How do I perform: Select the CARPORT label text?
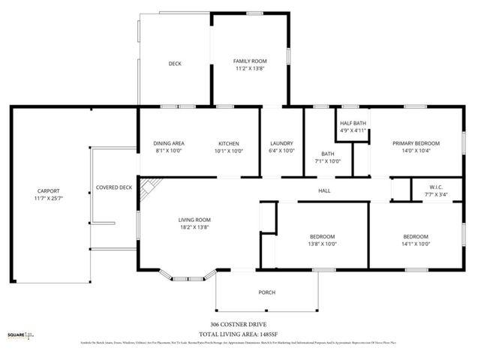[x=49, y=191]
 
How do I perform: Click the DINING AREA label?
[x=169, y=143]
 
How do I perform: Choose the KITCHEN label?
[x=228, y=143]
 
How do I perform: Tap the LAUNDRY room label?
[x=281, y=143]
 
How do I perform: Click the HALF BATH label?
[x=353, y=123]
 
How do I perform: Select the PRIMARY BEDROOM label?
[x=416, y=143]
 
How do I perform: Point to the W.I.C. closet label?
[x=437, y=187]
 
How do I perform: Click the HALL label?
[x=324, y=190]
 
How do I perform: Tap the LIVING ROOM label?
[x=194, y=220]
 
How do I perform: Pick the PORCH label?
[x=266, y=292]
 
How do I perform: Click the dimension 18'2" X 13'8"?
[x=194, y=227]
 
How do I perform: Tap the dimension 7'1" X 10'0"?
[x=327, y=160]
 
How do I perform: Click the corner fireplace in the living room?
[x=151, y=187]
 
